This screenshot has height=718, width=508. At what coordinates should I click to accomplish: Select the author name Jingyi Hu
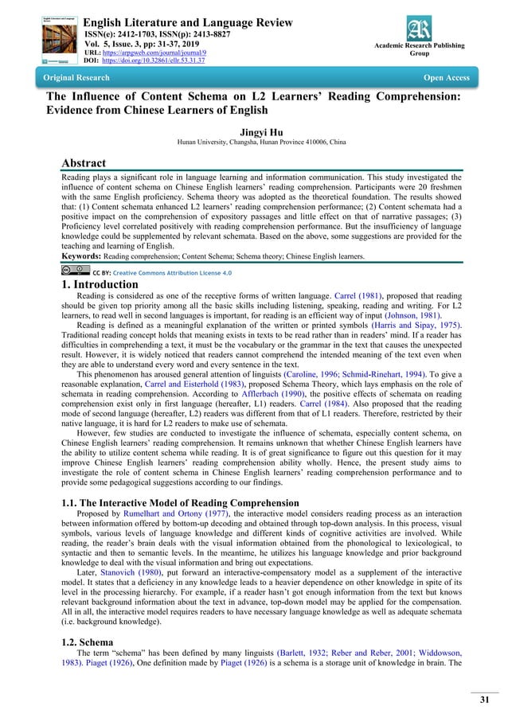[253, 131]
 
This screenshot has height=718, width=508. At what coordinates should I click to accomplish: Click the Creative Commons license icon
[76, 271]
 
